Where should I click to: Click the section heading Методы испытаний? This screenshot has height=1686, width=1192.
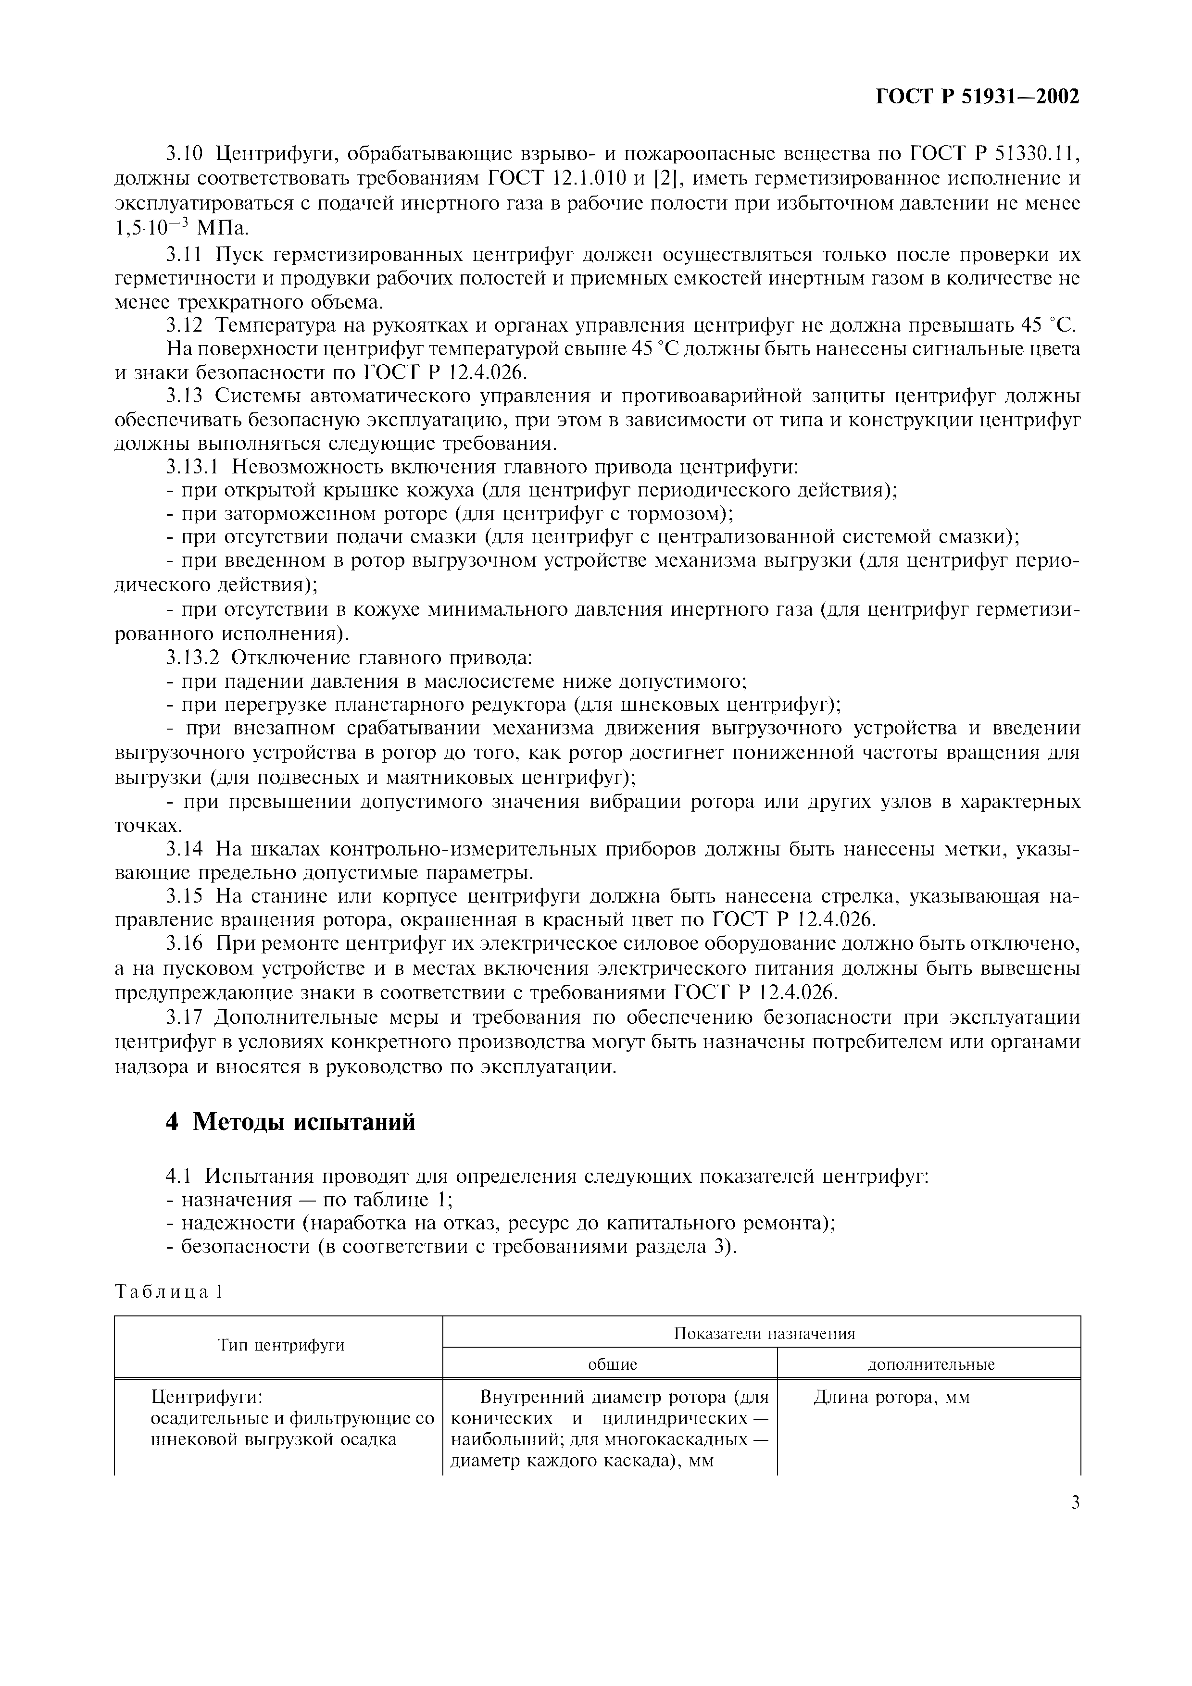click(x=303, y=1122)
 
